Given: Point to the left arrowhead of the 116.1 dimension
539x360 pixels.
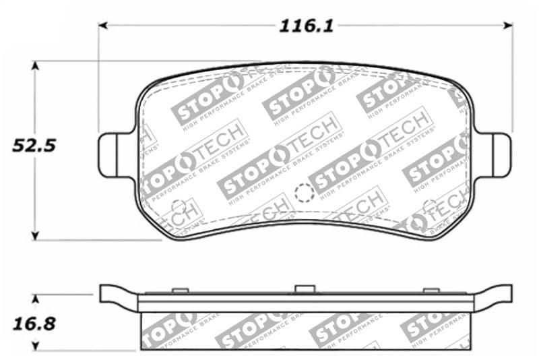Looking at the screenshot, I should pos(103,26).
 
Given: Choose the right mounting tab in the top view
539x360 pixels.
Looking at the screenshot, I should pos(499,154).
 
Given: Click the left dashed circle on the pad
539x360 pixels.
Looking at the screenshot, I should pos(179,206).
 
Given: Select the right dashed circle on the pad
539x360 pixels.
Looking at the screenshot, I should pos(429,206).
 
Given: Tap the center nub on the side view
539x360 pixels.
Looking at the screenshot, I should pos(305,289).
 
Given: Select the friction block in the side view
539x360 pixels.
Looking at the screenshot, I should pos(305,330).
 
